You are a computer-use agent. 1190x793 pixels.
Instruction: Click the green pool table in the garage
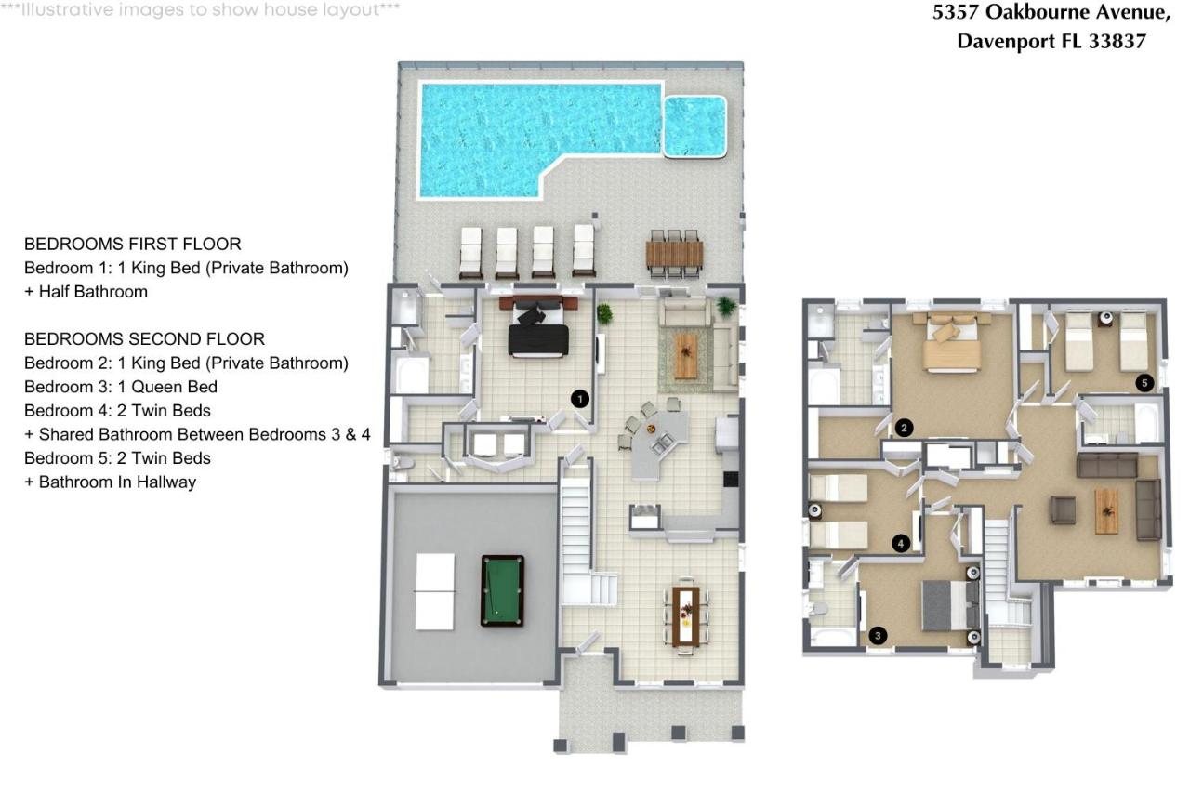502,590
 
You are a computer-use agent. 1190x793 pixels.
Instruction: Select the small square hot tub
694,126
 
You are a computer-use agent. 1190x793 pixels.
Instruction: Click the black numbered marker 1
580,399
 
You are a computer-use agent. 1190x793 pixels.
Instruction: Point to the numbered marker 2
904,428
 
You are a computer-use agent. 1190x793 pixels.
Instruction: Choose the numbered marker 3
879,636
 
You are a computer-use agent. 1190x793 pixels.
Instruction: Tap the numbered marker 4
900,544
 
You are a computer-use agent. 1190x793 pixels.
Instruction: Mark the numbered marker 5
1144,382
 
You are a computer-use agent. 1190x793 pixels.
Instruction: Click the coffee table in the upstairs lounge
1106,510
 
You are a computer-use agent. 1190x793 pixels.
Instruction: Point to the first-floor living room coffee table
686,356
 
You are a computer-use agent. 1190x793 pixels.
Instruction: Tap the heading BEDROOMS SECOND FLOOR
144,339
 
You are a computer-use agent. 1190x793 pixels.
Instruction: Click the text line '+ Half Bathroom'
86,292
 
